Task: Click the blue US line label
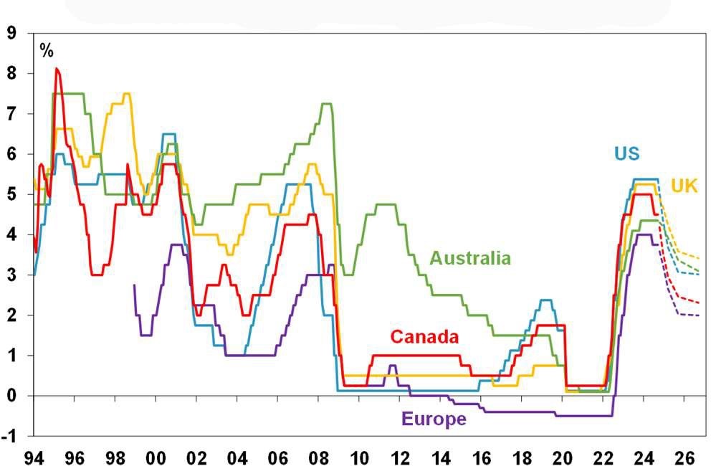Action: [626, 153]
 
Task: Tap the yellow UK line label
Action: [684, 186]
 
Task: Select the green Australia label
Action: [470, 258]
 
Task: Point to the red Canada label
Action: [424, 336]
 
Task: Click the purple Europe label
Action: [434, 419]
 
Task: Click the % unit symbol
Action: [47, 51]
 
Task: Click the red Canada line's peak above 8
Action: [57, 70]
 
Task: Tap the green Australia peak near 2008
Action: [326, 105]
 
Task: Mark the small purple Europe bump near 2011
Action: [392, 366]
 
